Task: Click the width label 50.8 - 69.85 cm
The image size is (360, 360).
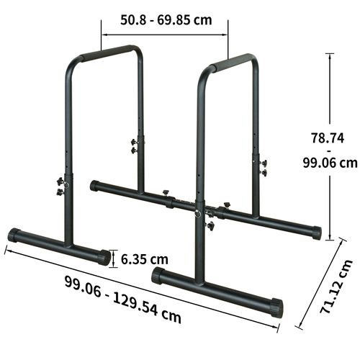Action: click(x=164, y=19)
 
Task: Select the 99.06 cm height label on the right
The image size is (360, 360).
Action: click(x=328, y=163)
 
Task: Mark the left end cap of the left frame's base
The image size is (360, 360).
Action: click(x=12, y=235)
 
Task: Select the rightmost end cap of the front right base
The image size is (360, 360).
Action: click(x=276, y=308)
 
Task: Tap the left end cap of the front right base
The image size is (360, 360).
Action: click(x=156, y=276)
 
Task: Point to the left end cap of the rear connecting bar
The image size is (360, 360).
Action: click(x=94, y=186)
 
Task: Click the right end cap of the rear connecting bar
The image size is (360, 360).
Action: click(x=315, y=233)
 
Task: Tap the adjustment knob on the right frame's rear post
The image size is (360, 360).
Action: click(x=262, y=167)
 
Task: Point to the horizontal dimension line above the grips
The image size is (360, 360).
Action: click(x=164, y=32)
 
